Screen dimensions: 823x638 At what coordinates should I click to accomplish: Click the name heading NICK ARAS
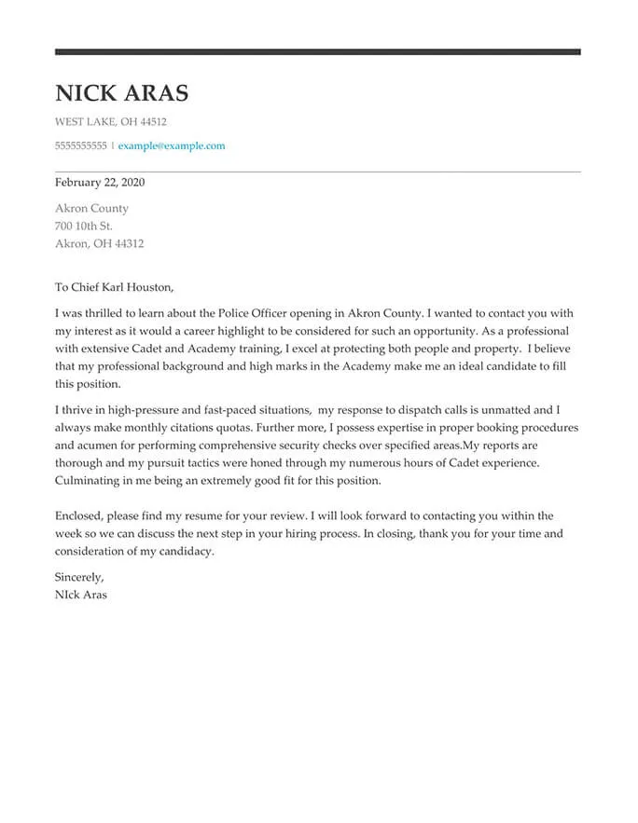[x=121, y=93]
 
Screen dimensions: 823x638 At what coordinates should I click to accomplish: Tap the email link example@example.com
[x=172, y=146]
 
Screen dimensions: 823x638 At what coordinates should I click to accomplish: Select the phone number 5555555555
[x=81, y=146]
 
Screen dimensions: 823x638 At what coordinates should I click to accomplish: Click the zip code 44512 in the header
[x=152, y=122]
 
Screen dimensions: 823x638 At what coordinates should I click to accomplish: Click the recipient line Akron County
[x=91, y=209]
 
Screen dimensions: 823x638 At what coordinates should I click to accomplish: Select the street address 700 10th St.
[x=84, y=226]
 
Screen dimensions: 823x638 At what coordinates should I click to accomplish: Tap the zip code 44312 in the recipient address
[x=127, y=244]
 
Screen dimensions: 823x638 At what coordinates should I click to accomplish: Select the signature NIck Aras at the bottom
[x=81, y=595]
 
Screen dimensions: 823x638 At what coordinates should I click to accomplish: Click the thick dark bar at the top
[x=317, y=51]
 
